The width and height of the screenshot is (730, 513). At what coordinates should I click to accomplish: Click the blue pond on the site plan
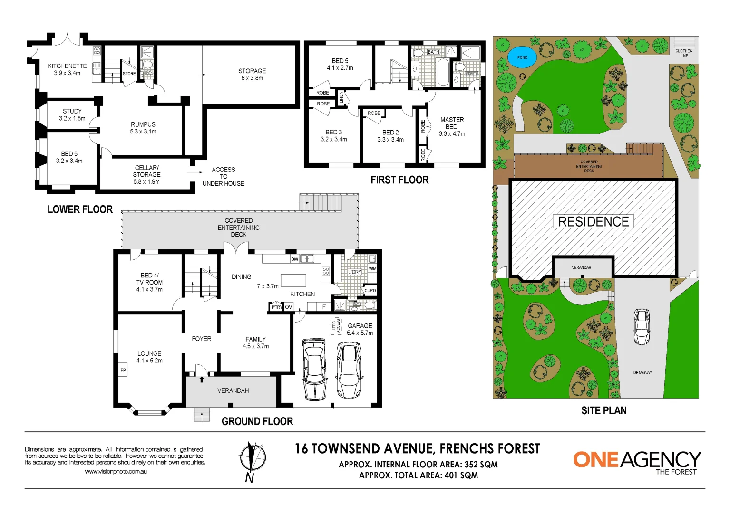[x=522, y=58]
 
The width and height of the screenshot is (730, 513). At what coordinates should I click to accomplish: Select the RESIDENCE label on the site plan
[x=593, y=221]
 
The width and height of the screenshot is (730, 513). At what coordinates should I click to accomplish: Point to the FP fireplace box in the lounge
[x=123, y=370]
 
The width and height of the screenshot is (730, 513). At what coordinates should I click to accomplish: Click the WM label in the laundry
[x=372, y=269]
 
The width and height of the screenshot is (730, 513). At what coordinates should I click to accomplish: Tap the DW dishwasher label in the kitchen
[x=294, y=259]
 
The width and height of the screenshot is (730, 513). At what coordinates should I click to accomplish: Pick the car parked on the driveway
[x=642, y=327]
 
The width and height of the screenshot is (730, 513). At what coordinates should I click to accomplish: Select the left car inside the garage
[x=314, y=369]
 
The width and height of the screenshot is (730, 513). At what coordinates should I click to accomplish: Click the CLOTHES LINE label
[x=684, y=53]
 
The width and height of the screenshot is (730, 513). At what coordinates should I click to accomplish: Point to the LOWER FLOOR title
[x=80, y=209]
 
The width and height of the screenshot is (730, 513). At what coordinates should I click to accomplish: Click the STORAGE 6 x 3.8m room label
[x=252, y=74]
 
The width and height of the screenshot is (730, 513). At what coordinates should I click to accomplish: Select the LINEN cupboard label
[x=341, y=98]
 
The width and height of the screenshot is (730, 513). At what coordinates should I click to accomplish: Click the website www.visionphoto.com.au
[x=116, y=472]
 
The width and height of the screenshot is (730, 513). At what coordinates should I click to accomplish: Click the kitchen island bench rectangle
[x=293, y=280]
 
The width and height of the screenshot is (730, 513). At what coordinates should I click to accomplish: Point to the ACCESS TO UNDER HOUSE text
[x=223, y=176]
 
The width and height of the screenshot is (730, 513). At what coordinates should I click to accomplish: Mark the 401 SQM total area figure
[x=461, y=475]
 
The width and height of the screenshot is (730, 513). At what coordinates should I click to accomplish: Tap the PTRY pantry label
[x=276, y=307]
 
